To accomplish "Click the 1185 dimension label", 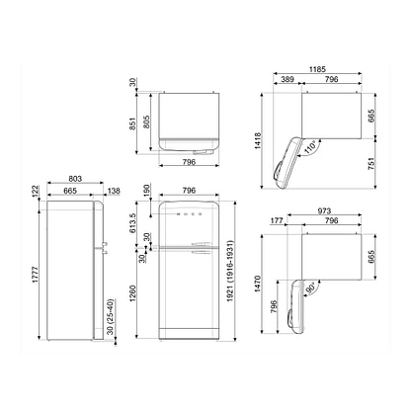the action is (317, 69).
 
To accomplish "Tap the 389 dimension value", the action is (288, 79).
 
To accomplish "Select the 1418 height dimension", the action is (258, 141).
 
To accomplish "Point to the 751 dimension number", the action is (371, 164).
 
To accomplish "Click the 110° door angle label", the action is (309, 147).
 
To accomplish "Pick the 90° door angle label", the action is (311, 288).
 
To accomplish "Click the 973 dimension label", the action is (324, 210).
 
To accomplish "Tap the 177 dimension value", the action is (277, 220).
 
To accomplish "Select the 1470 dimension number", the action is (258, 284).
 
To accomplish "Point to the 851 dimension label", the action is (132, 123).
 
